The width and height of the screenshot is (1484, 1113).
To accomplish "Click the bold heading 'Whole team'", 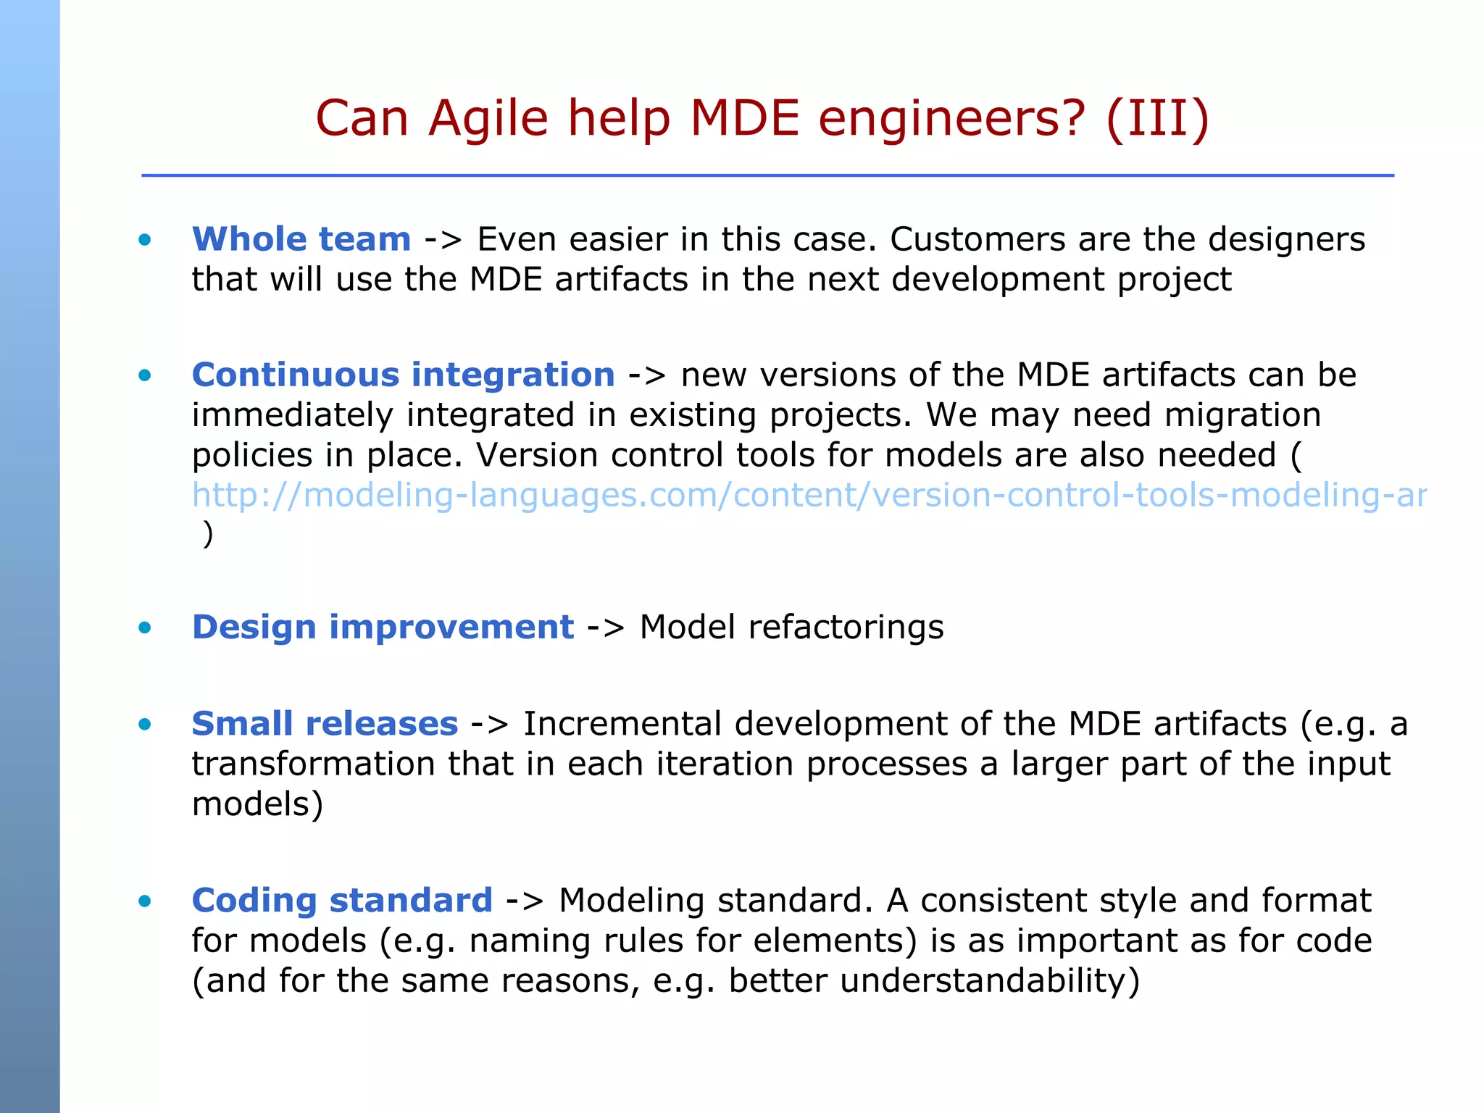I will point(301,239).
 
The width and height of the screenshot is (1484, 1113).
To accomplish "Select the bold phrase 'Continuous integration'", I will point(403,375).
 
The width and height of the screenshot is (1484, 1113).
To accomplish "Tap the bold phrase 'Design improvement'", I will point(383,627).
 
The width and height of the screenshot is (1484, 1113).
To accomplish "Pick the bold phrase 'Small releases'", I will point(325,723).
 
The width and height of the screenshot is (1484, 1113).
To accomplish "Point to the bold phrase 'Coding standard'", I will point(342,900).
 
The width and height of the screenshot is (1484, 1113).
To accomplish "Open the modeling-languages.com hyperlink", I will point(808,495).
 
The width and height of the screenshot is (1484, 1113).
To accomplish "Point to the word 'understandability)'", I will point(934,980).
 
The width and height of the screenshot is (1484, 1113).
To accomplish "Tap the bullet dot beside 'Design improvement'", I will point(145,628).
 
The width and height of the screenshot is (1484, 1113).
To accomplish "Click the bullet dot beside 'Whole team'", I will point(145,240).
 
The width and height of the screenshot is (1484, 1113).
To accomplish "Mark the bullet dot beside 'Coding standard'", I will point(145,901).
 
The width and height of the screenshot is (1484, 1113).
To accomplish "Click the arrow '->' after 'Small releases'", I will point(490,724).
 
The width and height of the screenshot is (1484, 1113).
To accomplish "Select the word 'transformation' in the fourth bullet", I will point(313,764).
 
